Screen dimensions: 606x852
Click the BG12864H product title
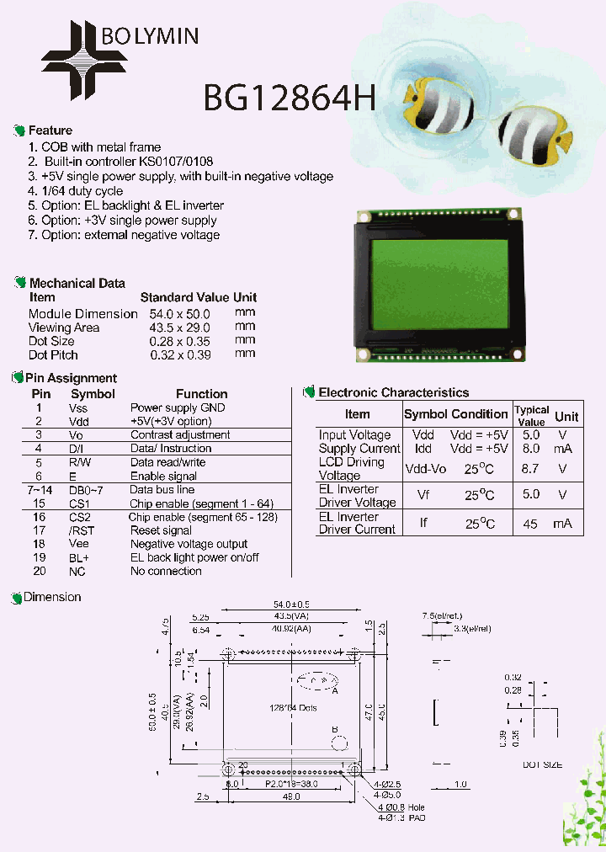click(x=289, y=99)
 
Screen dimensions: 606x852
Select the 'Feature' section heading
click(x=50, y=130)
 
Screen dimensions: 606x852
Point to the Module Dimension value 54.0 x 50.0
click(x=178, y=314)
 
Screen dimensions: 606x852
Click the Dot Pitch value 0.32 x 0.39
click(x=178, y=354)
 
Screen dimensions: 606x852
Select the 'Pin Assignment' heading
click(x=71, y=378)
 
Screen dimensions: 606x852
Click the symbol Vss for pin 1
click(x=78, y=407)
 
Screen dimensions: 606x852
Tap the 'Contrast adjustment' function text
click(x=180, y=434)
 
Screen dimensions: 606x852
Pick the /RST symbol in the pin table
click(x=80, y=530)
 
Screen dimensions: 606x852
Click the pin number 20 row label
click(x=39, y=571)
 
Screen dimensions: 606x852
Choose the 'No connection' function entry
click(x=166, y=571)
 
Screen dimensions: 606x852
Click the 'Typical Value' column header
click(x=532, y=415)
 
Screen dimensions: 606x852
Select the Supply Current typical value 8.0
click(x=531, y=449)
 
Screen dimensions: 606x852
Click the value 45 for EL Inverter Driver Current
click(x=530, y=524)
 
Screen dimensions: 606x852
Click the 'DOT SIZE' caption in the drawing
click(x=542, y=764)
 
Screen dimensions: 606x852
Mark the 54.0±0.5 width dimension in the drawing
click(x=290, y=604)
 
